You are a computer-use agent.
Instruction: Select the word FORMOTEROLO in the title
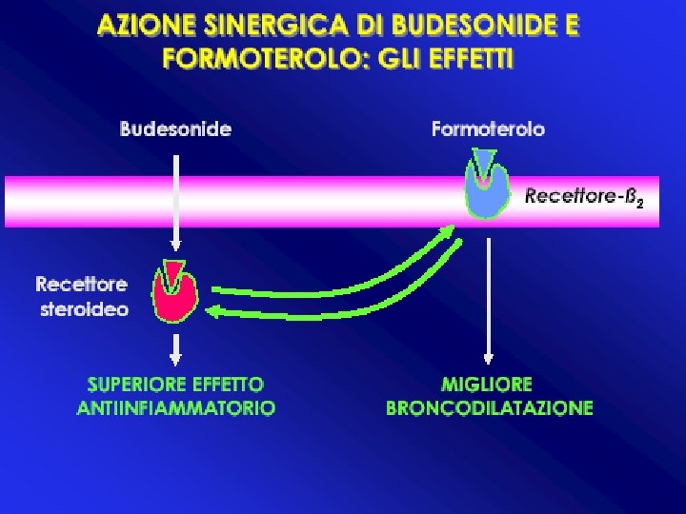[257, 58]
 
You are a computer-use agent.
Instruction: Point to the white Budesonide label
[175, 129]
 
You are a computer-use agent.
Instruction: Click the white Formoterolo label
[488, 129]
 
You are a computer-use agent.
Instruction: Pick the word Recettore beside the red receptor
[81, 284]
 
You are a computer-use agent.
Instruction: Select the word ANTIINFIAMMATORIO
[176, 408]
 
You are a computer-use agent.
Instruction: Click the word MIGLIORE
[487, 385]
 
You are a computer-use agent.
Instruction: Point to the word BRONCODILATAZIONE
[489, 408]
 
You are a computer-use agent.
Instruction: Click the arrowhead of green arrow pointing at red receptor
[215, 311]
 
